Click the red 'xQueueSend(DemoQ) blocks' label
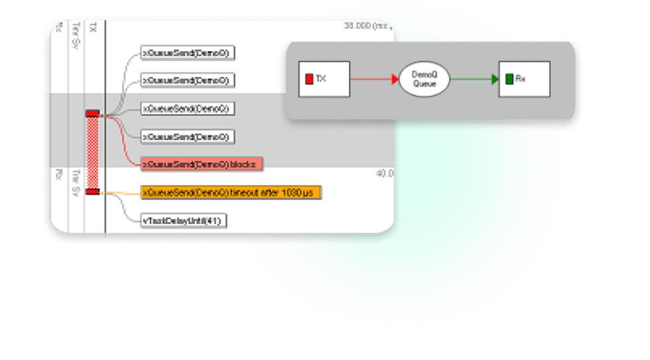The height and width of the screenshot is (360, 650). (202, 164)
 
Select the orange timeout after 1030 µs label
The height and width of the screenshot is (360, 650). (231, 192)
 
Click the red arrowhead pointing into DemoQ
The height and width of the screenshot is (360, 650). (395, 80)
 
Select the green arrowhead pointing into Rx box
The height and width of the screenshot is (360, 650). (495, 80)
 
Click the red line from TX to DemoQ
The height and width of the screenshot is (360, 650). (371, 80)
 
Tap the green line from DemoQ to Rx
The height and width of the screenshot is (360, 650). (471, 80)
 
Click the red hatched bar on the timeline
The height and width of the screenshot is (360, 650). (93, 152)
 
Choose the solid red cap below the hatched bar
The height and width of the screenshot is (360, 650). (93, 192)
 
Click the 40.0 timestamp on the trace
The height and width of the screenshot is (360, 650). (385, 174)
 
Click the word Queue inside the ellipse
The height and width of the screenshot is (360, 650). (424, 84)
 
